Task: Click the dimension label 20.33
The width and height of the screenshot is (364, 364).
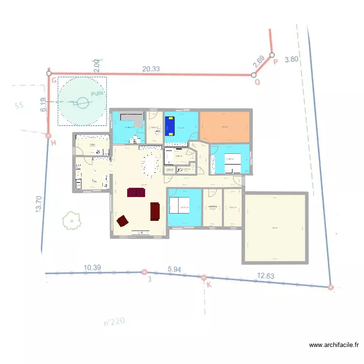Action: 151,69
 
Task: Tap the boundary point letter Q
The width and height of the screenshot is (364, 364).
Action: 258,83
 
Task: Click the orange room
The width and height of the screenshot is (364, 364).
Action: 225,127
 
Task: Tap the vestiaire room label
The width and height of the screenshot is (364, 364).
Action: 212,207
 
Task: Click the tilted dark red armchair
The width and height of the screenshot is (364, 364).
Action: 122,221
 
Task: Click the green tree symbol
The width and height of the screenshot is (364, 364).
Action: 71,220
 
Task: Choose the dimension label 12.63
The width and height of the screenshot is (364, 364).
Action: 265,276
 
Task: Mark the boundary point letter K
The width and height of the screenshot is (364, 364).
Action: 209,285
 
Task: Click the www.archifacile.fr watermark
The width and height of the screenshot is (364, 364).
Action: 334,345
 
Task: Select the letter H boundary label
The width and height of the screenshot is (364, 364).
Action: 53,143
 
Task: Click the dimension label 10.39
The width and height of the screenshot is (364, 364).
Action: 92,268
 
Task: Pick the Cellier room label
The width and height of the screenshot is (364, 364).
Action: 92,144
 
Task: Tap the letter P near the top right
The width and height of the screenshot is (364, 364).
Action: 276,62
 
